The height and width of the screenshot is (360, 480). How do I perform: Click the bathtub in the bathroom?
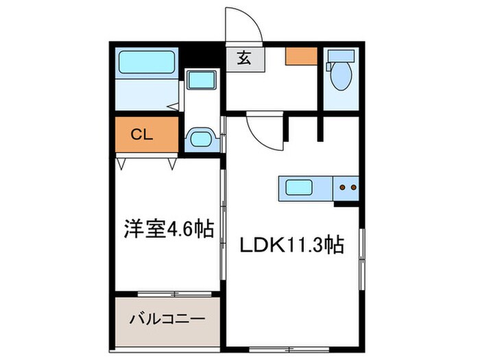(x=147, y=63)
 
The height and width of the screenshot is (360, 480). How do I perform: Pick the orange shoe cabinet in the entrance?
(x=302, y=56)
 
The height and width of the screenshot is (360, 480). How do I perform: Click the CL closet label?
(x=142, y=135)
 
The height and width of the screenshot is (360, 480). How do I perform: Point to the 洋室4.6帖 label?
(x=166, y=228)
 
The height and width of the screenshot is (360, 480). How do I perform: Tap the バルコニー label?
(x=166, y=319)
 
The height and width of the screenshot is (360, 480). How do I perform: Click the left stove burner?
(x=343, y=186)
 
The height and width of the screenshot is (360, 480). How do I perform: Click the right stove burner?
(x=354, y=186)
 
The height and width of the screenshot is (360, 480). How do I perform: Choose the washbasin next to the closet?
(x=201, y=139)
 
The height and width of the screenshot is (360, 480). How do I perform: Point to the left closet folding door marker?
(x=122, y=163)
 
